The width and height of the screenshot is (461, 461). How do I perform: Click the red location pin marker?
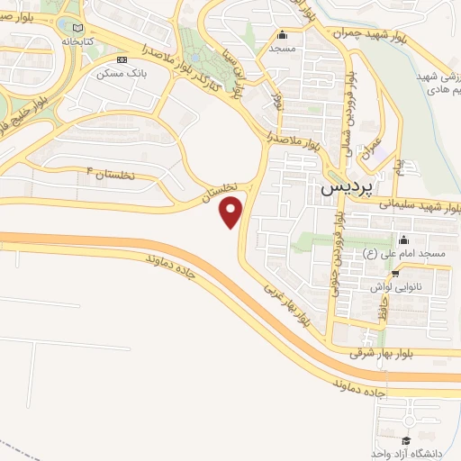[x=232, y=211]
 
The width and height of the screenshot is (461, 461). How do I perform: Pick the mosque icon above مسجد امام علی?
[x=402, y=240]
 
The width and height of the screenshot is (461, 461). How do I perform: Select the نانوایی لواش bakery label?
[x=397, y=285]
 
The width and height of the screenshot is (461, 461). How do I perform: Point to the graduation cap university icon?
[x=406, y=439]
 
